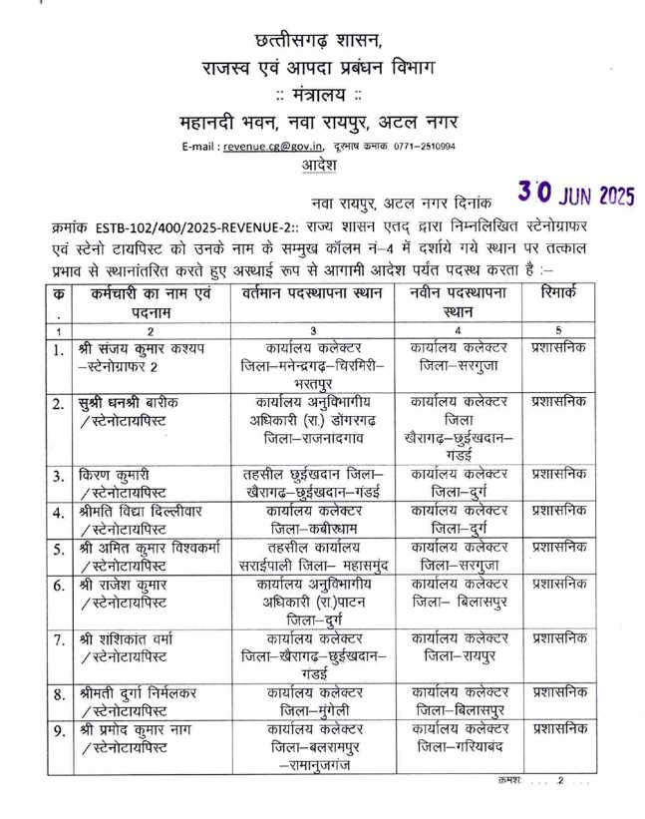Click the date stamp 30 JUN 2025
click(x=576, y=192)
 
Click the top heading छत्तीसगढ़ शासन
click(x=320, y=40)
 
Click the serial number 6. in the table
click(x=60, y=585)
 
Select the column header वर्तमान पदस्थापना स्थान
click(x=313, y=295)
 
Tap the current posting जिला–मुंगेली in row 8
click(x=313, y=710)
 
